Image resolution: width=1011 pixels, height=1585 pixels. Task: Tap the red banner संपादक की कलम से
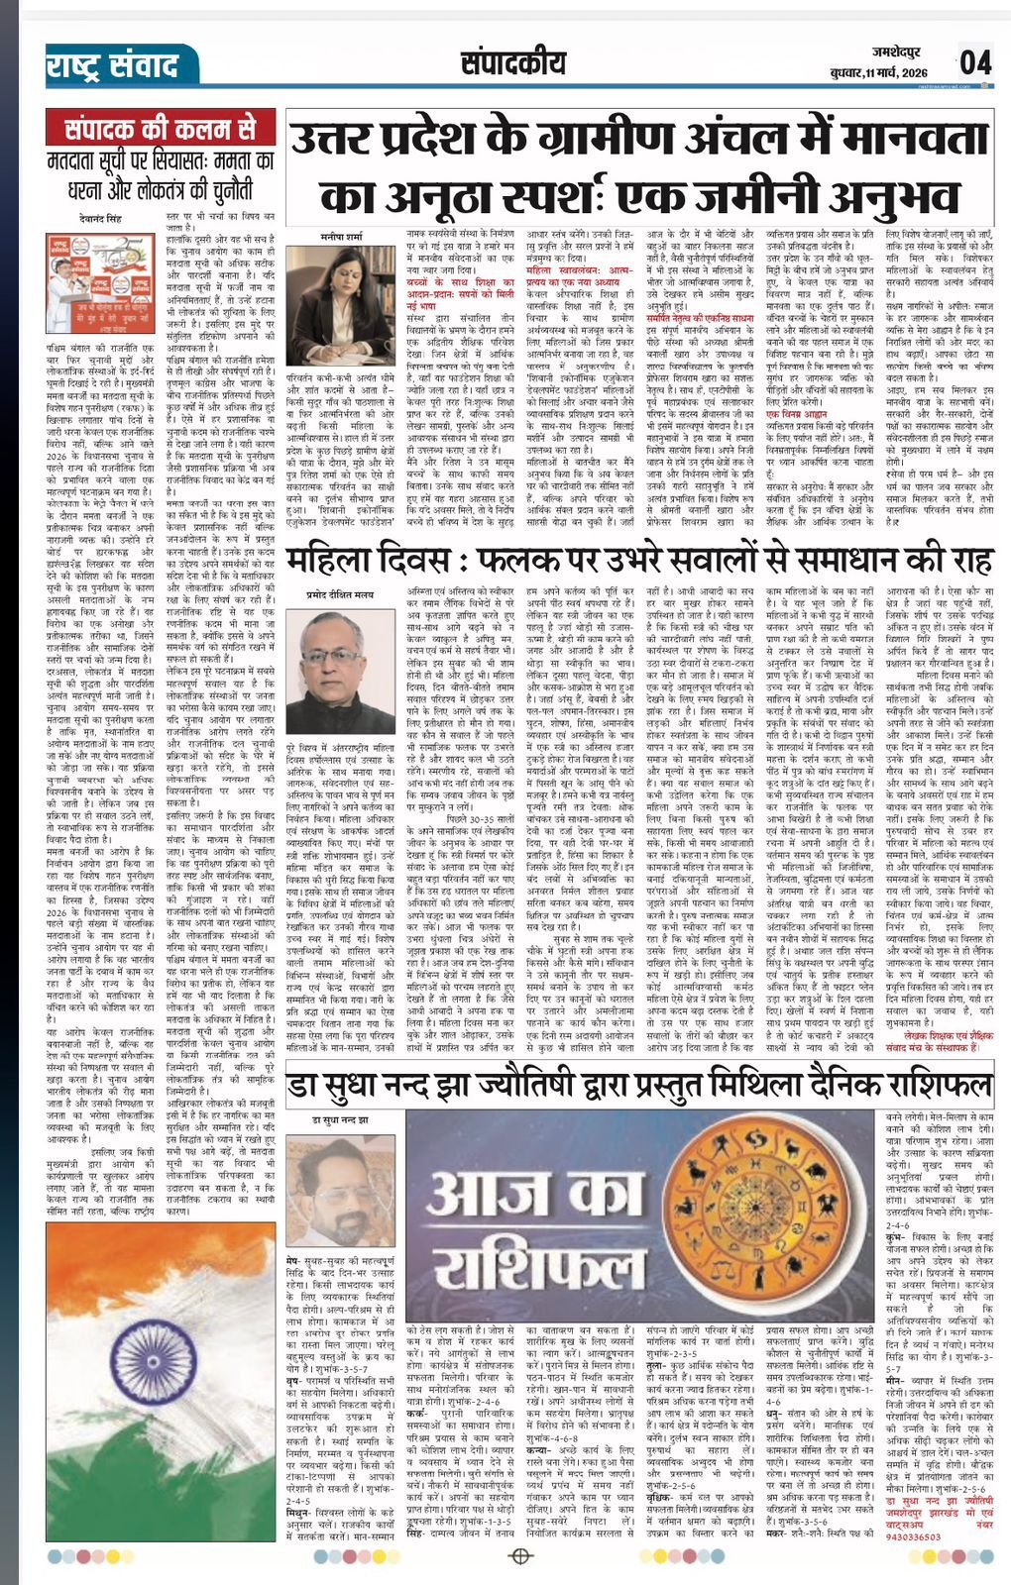(160, 131)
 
